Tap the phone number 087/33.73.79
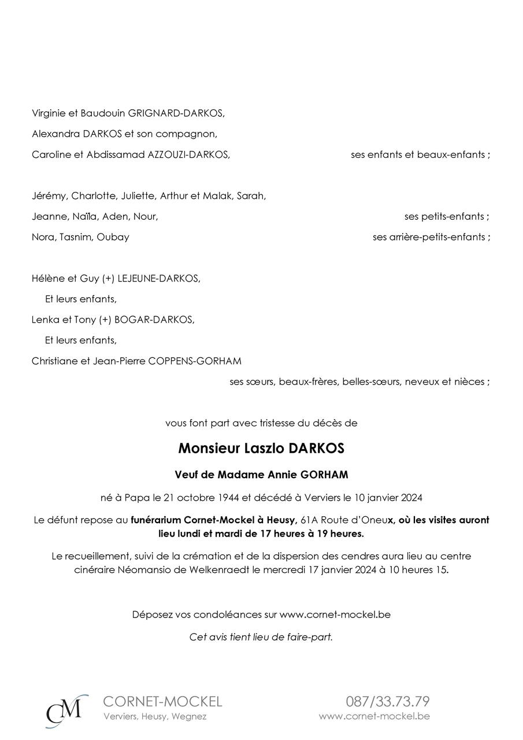pos(388,702)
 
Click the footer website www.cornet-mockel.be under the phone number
pos(374,716)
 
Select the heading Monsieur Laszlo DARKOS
pos(261,449)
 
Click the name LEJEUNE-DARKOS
pos(158,279)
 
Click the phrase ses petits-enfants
pos(445,217)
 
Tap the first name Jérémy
pos(49,196)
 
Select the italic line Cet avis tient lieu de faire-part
pos(261,637)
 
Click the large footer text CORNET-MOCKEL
pos(162,702)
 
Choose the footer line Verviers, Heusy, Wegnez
pos(155,717)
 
